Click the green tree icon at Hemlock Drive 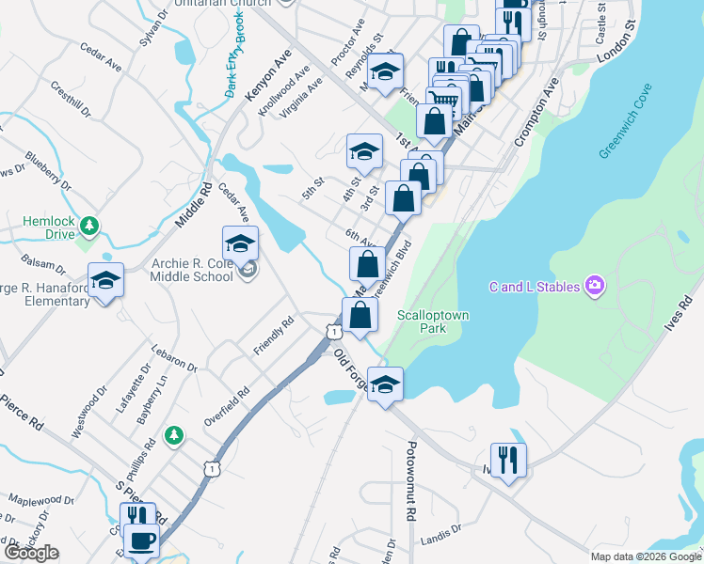tap(88, 226)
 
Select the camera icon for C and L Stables tap(594, 285)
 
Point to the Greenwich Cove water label tap(624, 134)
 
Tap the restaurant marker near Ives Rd tap(508, 461)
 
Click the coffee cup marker tap(141, 541)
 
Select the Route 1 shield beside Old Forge tap(333, 331)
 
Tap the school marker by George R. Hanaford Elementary tap(105, 280)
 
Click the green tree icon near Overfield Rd tap(172, 434)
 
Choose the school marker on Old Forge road tap(385, 384)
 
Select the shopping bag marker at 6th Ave tap(368, 264)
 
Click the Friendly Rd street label tap(273, 335)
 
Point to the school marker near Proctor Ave tap(385, 71)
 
